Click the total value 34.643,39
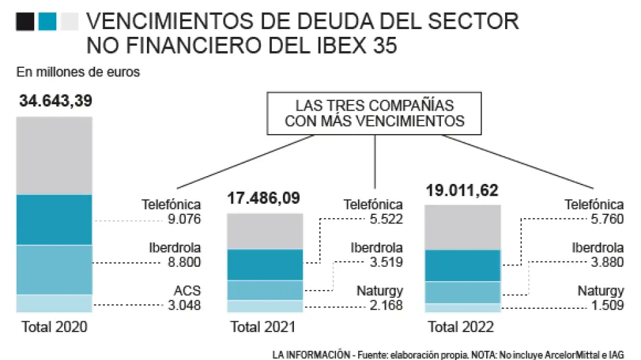coord(56,101)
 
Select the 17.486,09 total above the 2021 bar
coord(264,198)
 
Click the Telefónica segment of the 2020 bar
coord(55,219)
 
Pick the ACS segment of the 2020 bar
coord(55,304)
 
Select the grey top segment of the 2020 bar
coord(55,155)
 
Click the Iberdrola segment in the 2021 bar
coord(265,290)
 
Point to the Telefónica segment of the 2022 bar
coord(462,265)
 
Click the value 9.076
coord(185,219)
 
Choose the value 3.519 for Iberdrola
coord(386,262)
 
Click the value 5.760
coord(607,219)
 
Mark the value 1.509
coord(607,305)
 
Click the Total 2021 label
coord(263,327)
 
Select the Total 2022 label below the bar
coord(461,327)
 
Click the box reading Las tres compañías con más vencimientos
coord(375,113)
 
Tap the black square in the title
coord(25,23)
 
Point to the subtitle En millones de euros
coord(78,73)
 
